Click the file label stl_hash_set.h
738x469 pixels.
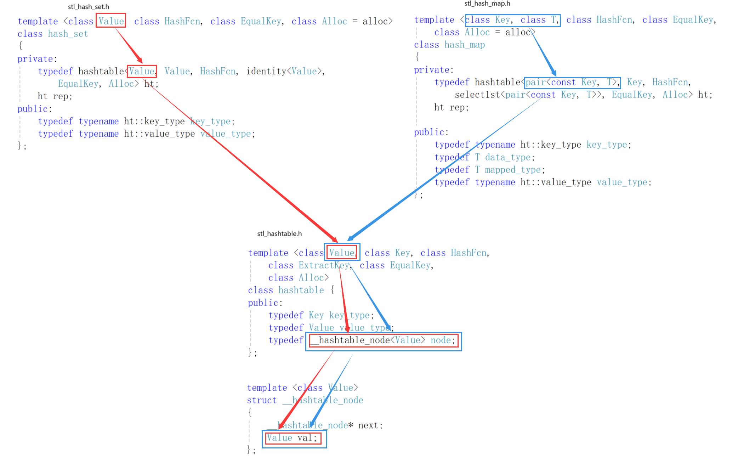tap(89, 7)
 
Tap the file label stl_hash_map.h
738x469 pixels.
tap(487, 4)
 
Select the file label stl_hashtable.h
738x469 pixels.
tap(279, 233)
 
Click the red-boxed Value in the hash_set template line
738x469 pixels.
tap(111, 21)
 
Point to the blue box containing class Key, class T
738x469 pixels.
tap(512, 20)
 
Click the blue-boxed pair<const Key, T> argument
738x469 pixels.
tap(572, 83)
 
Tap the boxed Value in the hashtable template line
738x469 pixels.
tap(342, 253)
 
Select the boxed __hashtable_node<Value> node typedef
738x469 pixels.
tap(384, 340)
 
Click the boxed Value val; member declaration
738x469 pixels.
tap(294, 438)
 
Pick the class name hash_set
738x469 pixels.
tap(68, 34)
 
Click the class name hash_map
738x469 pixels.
tap(465, 45)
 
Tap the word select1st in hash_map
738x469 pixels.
tap(477, 95)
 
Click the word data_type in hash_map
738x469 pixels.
tap(508, 157)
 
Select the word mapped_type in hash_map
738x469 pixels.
tap(513, 170)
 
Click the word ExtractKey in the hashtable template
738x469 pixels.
tap(324, 265)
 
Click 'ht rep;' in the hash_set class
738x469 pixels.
tap(55, 96)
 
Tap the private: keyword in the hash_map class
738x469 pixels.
tap(433, 70)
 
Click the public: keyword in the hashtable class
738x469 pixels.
tap(265, 303)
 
